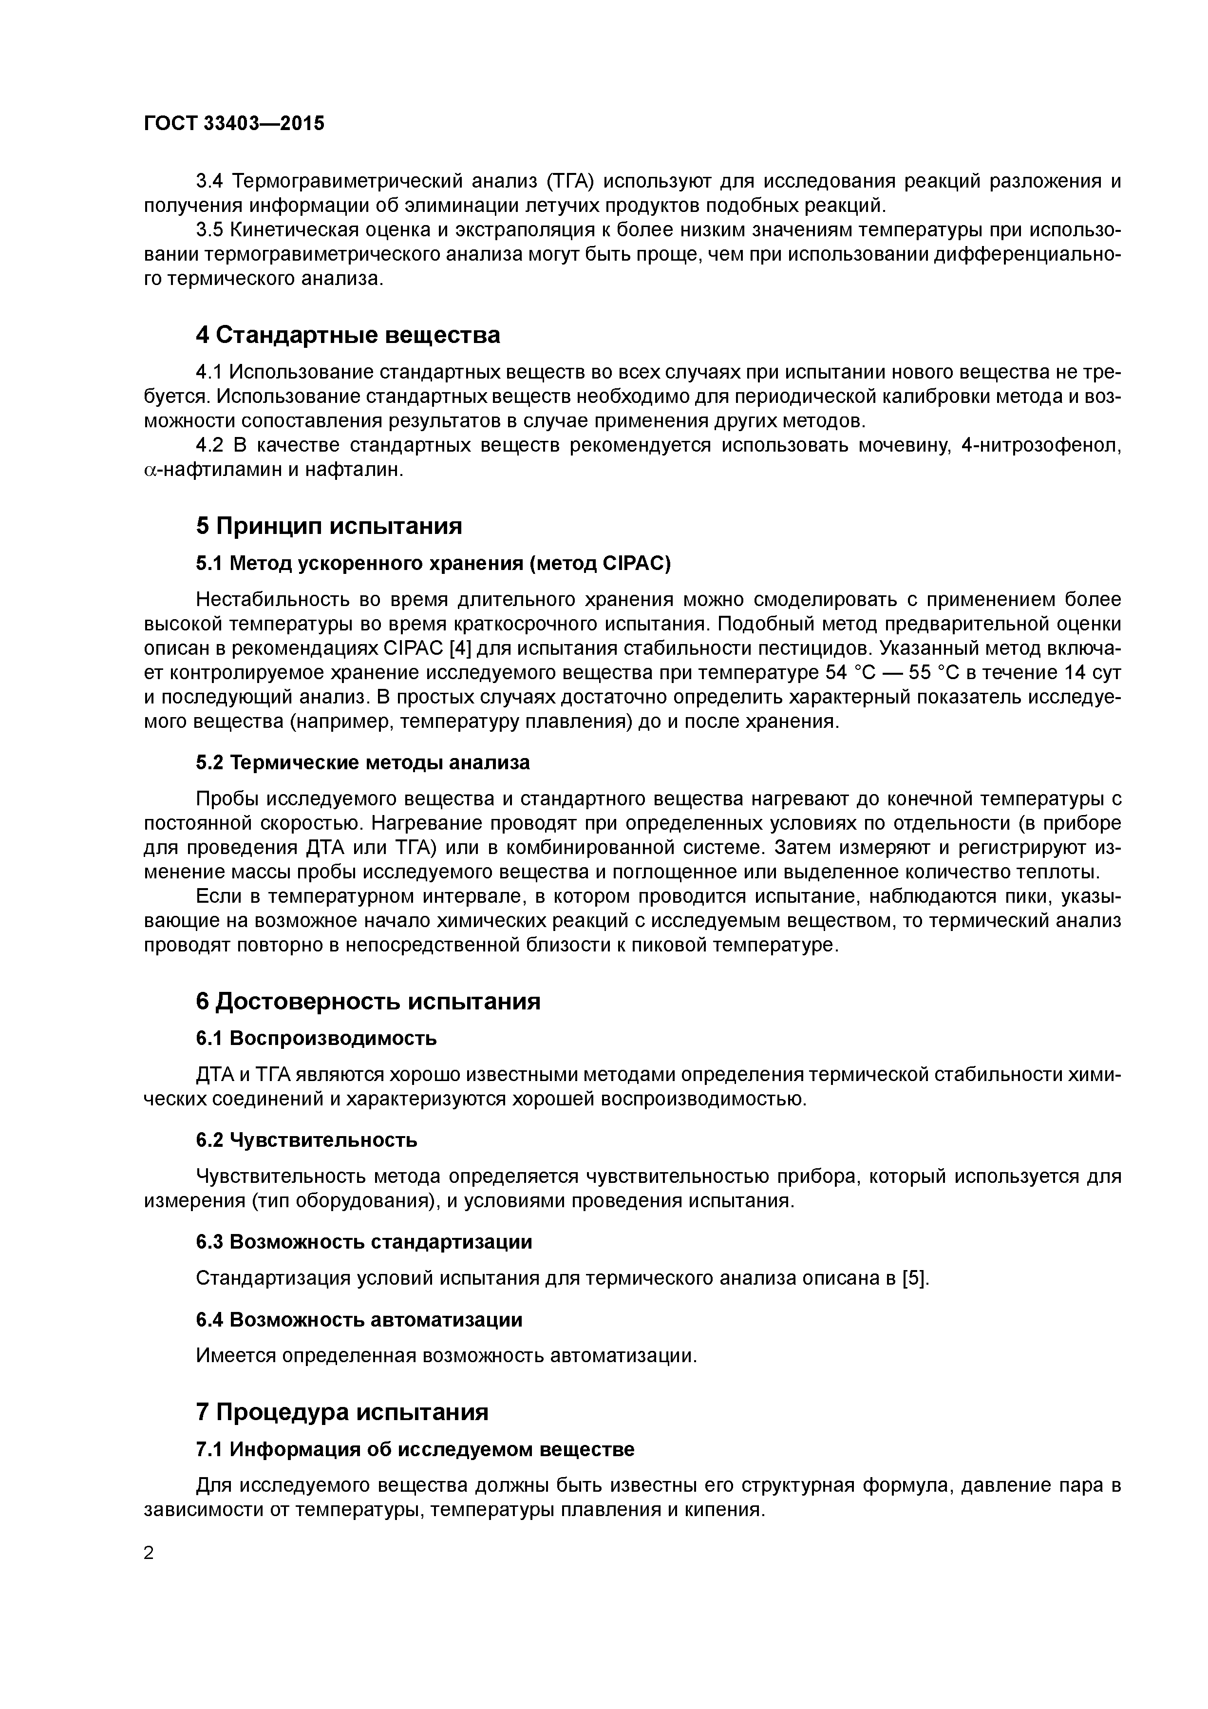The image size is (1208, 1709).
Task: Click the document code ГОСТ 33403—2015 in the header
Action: (x=234, y=124)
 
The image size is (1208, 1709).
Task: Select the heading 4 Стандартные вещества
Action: (x=348, y=335)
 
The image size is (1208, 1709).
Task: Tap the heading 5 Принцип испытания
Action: (x=329, y=526)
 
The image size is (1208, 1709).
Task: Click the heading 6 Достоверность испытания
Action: (x=368, y=1001)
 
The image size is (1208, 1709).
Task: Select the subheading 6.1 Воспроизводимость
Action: (x=316, y=1038)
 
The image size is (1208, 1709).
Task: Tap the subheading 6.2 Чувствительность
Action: (x=307, y=1139)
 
